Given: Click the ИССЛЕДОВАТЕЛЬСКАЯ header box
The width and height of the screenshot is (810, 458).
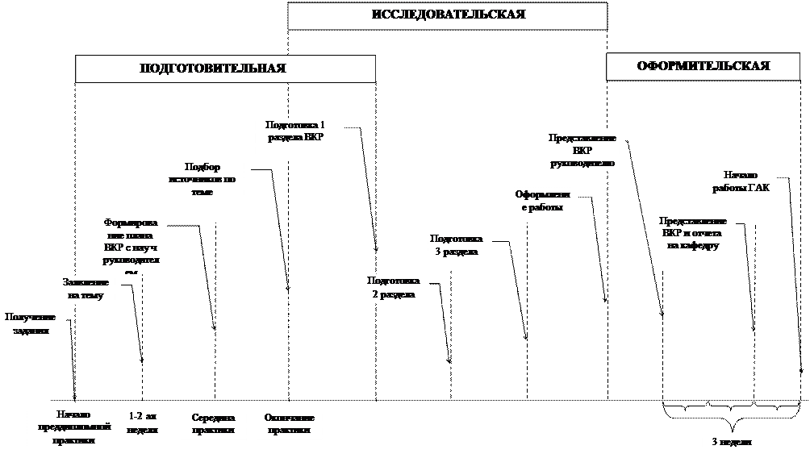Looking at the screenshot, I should click(x=447, y=16).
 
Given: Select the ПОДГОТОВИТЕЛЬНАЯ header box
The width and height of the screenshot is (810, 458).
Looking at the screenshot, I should click(x=225, y=69).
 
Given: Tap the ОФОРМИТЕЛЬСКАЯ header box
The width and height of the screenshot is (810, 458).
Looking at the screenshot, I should click(x=703, y=66).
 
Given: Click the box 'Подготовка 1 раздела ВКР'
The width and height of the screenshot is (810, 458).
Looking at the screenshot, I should click(x=295, y=138).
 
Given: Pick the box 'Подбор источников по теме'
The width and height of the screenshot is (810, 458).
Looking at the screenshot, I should click(x=202, y=180).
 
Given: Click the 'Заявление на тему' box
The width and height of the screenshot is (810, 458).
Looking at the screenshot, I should click(x=86, y=289).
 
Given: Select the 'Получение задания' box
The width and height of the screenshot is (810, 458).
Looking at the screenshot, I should click(x=31, y=324).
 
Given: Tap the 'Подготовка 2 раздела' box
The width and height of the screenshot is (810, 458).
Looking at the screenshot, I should click(x=393, y=288).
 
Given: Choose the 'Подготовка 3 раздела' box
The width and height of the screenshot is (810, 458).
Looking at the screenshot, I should click(x=456, y=245).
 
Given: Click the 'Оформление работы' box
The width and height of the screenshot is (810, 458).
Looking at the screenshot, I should click(x=543, y=202).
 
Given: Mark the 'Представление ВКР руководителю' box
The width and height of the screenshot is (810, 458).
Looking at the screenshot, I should click(x=582, y=151).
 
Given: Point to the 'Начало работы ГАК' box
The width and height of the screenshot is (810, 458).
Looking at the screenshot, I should click(x=741, y=182).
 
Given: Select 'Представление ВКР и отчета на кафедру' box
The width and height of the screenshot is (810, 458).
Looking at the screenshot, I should click(x=693, y=233).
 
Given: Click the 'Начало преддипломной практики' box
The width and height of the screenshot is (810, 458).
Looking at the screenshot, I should click(x=73, y=427).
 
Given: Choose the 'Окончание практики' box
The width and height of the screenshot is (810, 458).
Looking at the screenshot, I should click(x=289, y=423).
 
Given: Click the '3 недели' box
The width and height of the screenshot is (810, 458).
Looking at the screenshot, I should click(x=731, y=443).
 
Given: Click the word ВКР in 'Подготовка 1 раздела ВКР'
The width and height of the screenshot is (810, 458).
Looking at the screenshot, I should click(x=311, y=138).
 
